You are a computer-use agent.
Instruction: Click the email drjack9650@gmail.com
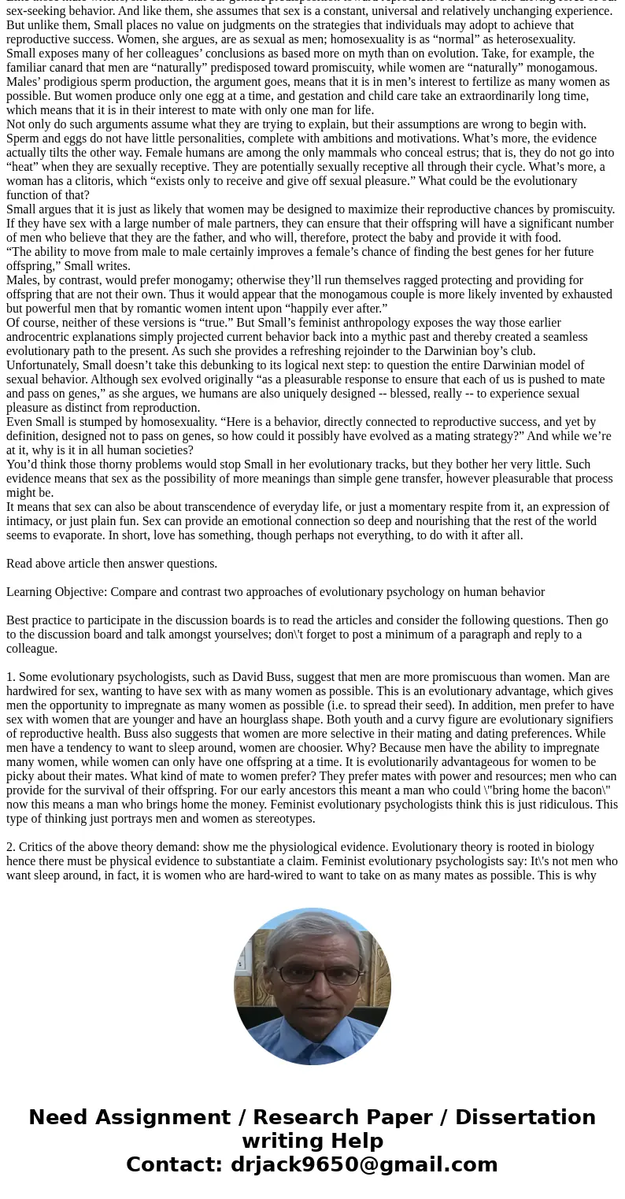pyautogui.click(x=364, y=1165)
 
